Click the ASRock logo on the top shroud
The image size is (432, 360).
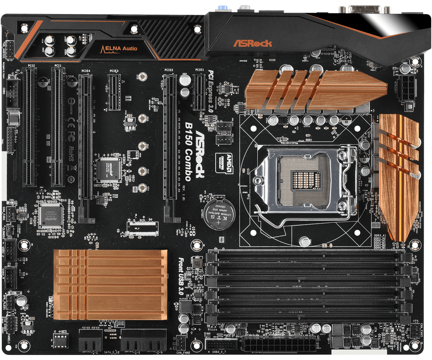tap(252, 44)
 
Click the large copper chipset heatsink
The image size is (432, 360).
tap(110, 284)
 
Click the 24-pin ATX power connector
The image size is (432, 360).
tap(279, 345)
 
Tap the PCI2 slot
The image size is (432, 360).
tap(30, 126)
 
